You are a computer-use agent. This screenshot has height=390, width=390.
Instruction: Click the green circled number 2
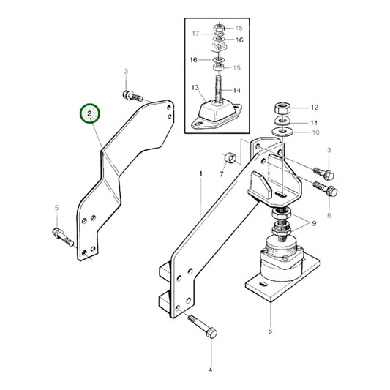click(x=89, y=113)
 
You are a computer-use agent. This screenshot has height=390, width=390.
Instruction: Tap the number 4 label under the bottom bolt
click(x=210, y=370)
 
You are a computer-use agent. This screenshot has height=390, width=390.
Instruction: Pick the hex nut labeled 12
click(x=283, y=107)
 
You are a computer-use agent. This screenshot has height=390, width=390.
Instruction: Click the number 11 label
click(x=314, y=122)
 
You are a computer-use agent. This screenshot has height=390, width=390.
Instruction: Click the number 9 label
click(x=315, y=223)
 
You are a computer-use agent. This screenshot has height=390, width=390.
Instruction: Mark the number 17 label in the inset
click(x=195, y=34)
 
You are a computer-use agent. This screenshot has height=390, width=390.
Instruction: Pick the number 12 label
click(x=315, y=107)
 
